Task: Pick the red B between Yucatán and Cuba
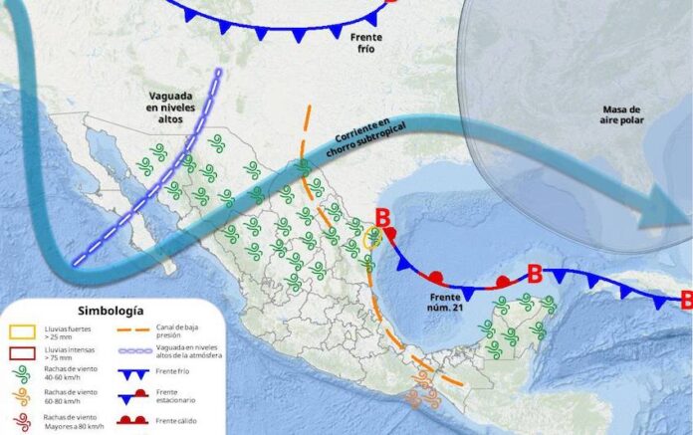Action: point(534,273)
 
